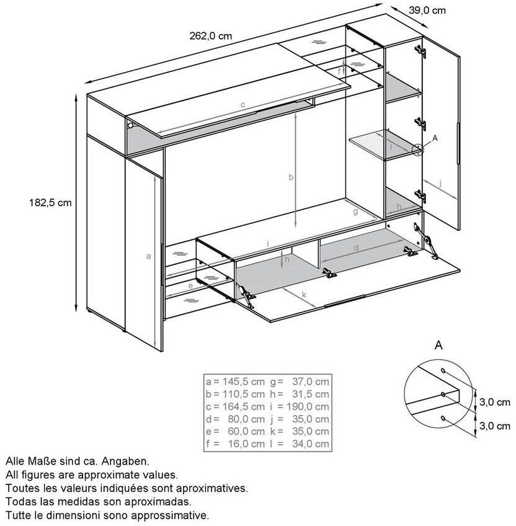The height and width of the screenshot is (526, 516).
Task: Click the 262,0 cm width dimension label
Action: pos(210,36)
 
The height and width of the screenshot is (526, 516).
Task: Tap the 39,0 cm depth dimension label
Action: pos(427,11)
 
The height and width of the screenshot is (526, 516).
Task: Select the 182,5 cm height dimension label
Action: pos(50,203)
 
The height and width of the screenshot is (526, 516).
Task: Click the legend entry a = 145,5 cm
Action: pos(235,381)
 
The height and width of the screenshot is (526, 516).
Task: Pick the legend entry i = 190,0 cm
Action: pos(300,406)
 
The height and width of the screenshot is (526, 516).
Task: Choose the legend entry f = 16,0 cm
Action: pos(235,444)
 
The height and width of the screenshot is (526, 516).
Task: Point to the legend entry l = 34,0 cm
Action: pos(300,444)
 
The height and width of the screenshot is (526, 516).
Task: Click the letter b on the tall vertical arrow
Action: pos(291,177)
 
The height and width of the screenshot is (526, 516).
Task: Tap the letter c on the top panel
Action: pos(242,105)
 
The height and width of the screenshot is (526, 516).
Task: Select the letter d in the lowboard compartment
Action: pos(357,247)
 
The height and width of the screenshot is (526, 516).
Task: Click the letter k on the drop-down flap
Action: pos(304,295)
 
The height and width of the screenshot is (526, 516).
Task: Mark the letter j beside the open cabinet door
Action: pos(440,183)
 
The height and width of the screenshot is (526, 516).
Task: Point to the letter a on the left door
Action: pos(148,256)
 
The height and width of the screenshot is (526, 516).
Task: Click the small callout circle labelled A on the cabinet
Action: pos(417,149)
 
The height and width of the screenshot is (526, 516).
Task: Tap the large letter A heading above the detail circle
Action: pos(438,345)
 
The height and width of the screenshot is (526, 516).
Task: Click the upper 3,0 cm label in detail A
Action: pos(494,402)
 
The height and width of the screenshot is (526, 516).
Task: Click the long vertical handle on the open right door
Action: pos(458,143)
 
